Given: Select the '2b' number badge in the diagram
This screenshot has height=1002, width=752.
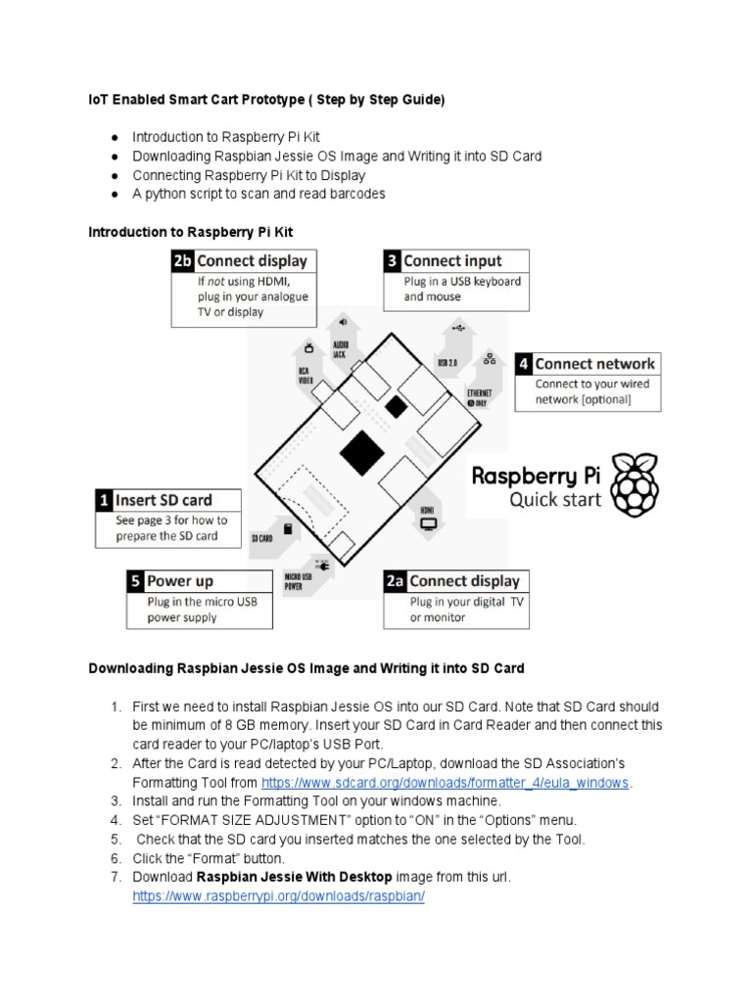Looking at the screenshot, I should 182,261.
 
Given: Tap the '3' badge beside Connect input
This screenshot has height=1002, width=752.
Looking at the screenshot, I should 391,261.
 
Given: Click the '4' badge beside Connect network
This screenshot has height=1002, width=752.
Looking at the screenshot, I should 524,364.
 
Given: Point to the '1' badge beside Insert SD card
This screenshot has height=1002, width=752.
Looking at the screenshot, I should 104,500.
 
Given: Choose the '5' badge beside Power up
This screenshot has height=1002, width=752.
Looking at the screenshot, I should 136,581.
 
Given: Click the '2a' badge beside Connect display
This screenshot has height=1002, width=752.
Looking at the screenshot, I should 395,581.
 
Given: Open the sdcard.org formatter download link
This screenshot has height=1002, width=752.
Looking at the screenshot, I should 446,783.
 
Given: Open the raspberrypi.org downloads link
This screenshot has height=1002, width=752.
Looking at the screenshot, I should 278,896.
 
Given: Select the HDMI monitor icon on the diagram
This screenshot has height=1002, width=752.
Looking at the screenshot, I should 428,524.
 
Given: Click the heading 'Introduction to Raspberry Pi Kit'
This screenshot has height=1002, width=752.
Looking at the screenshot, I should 190,231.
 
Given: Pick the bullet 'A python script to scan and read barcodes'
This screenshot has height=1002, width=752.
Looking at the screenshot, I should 258,194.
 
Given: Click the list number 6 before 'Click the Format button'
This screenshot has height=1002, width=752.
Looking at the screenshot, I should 114,858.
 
